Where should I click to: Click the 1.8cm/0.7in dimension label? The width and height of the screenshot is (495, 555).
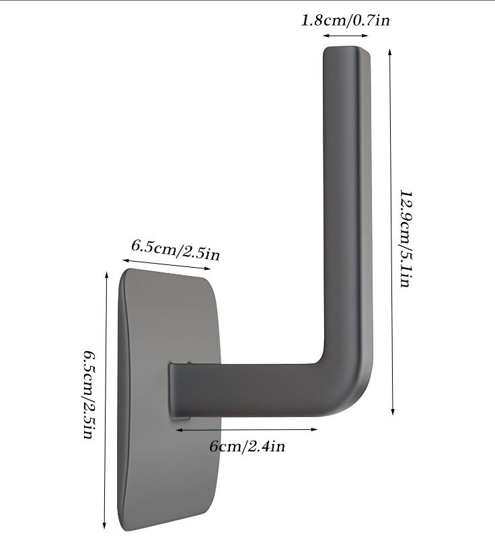(345, 20)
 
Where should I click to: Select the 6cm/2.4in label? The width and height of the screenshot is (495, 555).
(247, 446)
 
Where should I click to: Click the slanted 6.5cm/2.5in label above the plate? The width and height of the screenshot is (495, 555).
(176, 250)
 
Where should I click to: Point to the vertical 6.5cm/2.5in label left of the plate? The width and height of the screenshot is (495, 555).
(88, 394)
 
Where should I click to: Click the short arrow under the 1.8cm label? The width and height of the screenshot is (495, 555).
(346, 36)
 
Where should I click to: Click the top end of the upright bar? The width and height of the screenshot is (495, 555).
(346, 50)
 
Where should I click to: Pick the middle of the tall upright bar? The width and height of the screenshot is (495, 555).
(347, 202)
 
